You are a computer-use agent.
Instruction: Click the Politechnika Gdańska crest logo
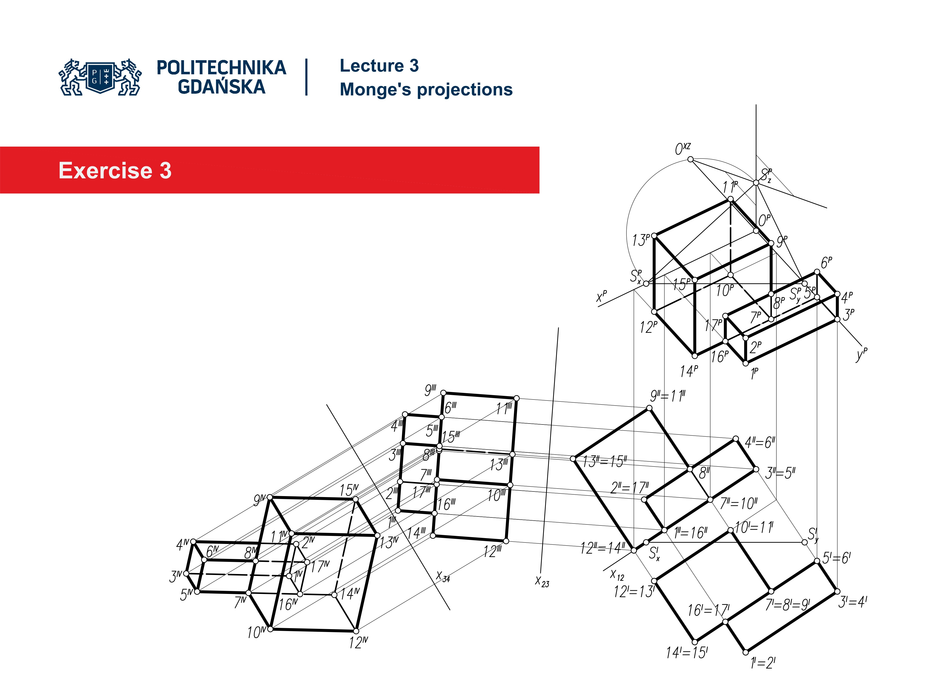coord(100,77)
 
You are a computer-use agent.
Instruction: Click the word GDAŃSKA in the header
coord(221,87)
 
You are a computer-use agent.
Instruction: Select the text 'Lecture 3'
coord(379,66)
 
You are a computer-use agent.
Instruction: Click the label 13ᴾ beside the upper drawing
coord(641,240)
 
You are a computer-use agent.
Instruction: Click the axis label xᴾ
coord(601,296)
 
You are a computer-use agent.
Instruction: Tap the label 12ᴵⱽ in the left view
coord(358,643)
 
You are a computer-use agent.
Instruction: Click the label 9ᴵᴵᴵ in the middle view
coord(430,390)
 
